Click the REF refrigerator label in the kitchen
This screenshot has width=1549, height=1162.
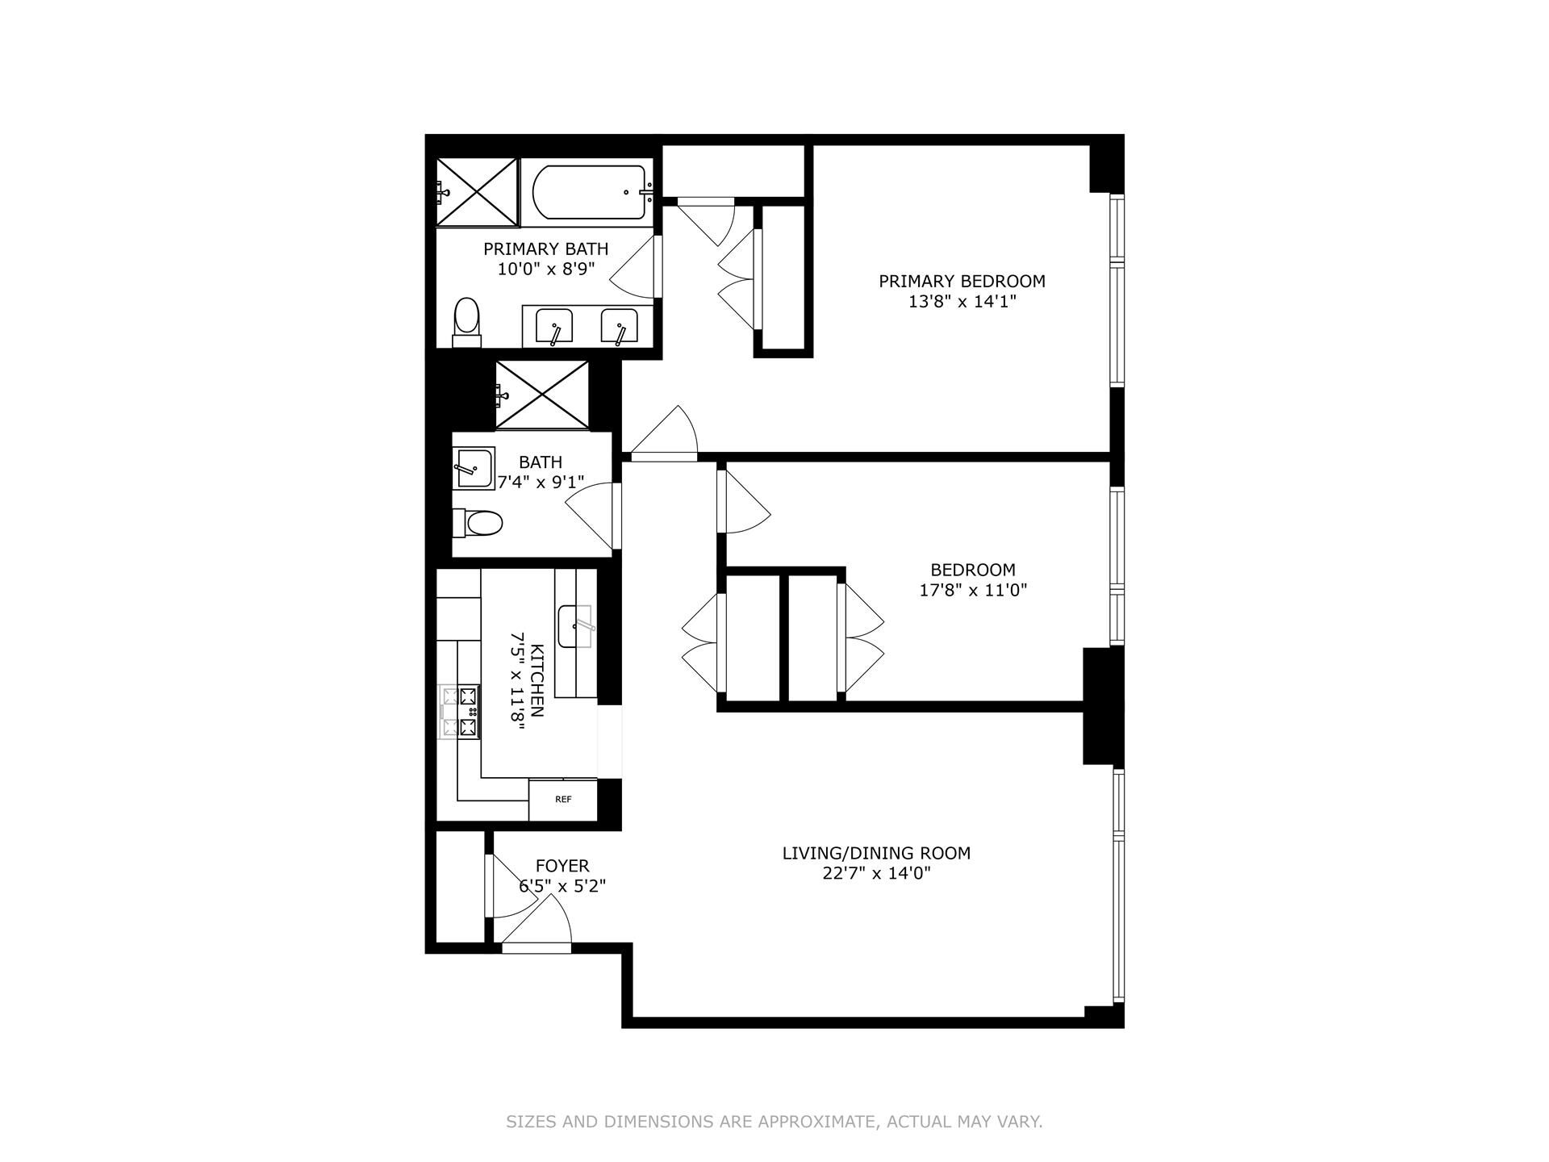(563, 800)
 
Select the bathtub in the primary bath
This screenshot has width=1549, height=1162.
(589, 192)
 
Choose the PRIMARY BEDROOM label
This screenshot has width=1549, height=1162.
(962, 281)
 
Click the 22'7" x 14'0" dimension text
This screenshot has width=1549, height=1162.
(877, 872)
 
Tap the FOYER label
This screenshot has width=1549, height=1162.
(562, 866)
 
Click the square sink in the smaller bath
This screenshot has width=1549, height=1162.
(474, 469)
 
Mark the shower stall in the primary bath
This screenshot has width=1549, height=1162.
(477, 192)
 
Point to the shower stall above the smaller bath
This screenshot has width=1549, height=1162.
(541, 395)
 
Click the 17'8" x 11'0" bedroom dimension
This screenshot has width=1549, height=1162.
(973, 590)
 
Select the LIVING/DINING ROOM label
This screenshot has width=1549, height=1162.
(876, 853)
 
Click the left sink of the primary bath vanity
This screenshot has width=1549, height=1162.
(554, 325)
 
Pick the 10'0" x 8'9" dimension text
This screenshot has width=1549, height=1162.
(546, 269)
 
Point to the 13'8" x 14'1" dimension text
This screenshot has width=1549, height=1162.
(962, 301)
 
